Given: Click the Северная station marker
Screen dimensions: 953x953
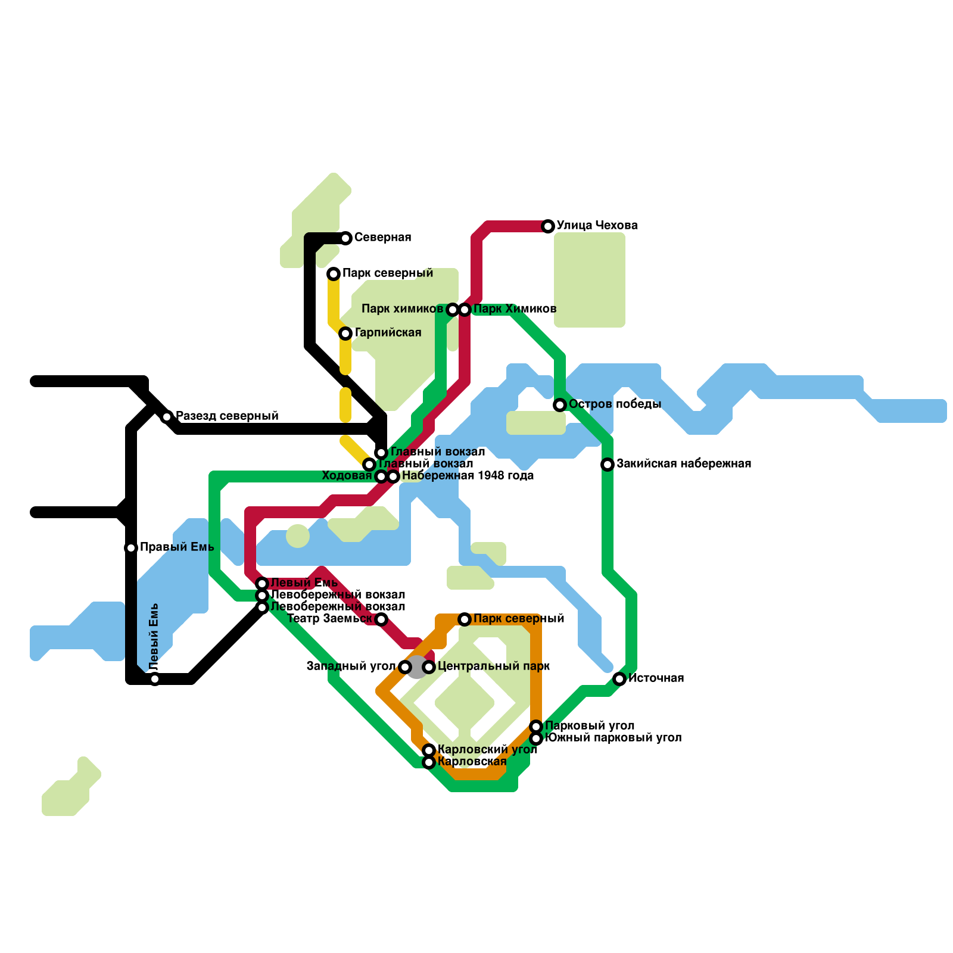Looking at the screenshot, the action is (346, 238).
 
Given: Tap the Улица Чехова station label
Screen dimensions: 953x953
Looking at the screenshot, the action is (597, 226).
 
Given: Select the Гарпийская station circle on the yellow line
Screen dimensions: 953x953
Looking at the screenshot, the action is (345, 334).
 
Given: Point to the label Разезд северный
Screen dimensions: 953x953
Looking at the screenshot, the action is (227, 416).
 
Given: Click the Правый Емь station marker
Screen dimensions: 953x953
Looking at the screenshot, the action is (131, 548).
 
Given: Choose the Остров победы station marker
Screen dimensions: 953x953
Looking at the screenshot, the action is (560, 405).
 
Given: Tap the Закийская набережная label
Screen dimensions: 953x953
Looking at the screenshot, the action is (683, 464).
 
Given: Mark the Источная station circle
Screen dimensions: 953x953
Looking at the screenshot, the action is (619, 679).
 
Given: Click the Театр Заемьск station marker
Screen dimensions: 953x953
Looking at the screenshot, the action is (381, 619).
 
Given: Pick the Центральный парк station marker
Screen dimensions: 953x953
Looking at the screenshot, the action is (429, 667).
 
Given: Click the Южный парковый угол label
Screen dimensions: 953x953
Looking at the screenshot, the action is (613, 738).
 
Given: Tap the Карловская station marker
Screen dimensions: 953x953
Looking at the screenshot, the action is (429, 762).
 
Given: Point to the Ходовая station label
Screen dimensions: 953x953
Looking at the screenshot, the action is (347, 476).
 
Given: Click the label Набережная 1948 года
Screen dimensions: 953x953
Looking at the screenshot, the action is (468, 476).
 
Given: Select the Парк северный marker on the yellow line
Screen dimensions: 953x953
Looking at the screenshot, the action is (334, 274).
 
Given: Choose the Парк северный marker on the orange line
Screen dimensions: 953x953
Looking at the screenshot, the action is (465, 619).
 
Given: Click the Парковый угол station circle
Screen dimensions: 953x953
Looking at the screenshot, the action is (536, 726).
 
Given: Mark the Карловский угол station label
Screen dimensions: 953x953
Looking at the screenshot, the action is (487, 750).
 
